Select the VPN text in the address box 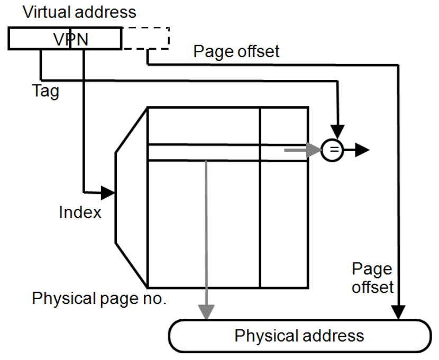(x=70, y=38)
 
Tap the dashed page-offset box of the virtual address (x=145, y=38)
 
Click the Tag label (x=45, y=92)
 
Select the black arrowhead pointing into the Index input (x=108, y=192)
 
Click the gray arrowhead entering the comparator (x=315, y=150)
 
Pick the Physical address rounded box (x=299, y=336)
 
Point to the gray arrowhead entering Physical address (x=206, y=313)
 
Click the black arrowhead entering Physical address (x=398, y=313)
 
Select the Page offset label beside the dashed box (x=236, y=52)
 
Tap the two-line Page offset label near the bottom (x=373, y=278)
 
